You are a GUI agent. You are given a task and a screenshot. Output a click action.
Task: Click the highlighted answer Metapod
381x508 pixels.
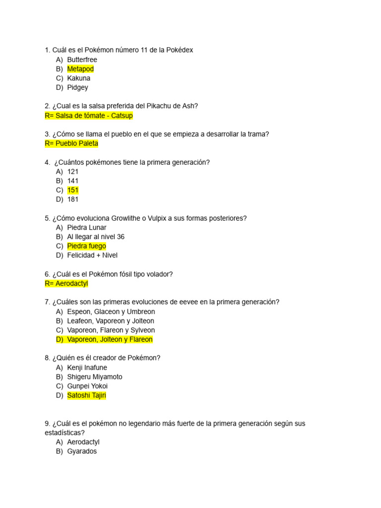(x=80, y=69)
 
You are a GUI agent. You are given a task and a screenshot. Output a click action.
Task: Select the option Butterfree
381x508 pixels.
(x=82, y=60)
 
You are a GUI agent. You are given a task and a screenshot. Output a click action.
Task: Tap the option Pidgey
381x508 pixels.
(x=77, y=87)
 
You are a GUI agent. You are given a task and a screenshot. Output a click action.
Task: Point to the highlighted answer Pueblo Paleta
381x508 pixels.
(x=71, y=143)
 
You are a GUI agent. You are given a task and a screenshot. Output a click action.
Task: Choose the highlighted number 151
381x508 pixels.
(x=73, y=190)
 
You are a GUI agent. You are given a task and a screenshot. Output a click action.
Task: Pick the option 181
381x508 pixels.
(x=73, y=199)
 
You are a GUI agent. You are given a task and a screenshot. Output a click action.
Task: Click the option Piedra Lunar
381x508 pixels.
(x=87, y=227)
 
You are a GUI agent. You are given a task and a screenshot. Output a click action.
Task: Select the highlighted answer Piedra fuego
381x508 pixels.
(x=86, y=246)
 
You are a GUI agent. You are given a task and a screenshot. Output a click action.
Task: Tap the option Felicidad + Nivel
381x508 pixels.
(x=92, y=255)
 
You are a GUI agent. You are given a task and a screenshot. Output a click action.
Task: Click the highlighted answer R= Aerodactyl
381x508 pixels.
(x=66, y=283)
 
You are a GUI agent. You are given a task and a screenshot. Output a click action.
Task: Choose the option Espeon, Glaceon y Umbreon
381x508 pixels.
(x=111, y=312)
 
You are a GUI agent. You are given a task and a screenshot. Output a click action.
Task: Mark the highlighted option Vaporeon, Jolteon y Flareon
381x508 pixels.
(x=110, y=339)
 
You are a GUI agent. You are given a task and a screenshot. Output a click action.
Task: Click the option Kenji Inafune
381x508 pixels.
(x=87, y=368)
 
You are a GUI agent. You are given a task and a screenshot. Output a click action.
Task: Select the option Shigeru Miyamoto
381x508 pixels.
(x=94, y=377)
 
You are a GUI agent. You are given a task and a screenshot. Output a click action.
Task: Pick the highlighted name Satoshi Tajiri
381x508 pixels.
(x=86, y=395)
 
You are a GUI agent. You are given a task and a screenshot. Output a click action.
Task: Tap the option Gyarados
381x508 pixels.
(x=82, y=451)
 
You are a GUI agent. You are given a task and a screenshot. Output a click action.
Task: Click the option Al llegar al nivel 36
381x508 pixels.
(x=96, y=237)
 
